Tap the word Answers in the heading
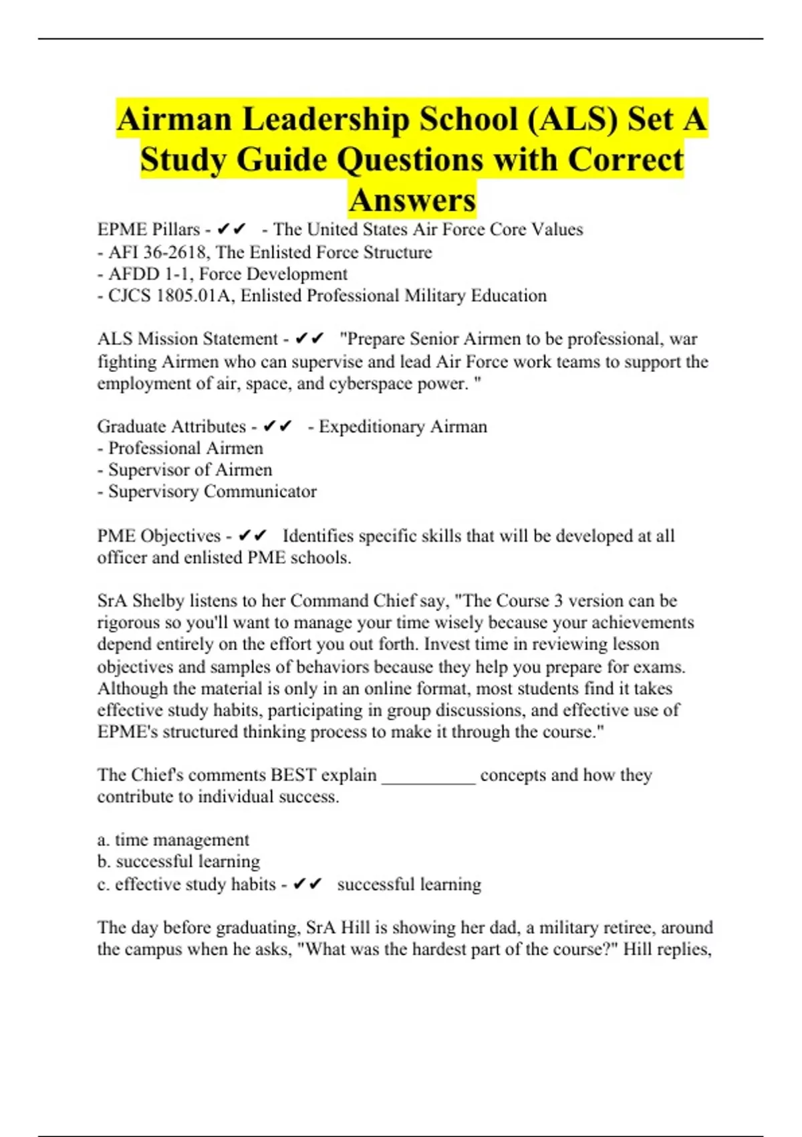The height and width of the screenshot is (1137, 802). pos(412,200)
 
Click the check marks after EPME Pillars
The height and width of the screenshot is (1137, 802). pos(232,230)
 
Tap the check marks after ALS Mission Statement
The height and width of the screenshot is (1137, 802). pos(309,340)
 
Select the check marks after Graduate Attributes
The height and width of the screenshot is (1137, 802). pos(277,427)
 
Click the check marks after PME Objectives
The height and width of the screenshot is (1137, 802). pos(253,536)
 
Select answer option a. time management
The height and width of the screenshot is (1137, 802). pos(173,840)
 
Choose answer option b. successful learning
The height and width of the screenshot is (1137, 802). pos(178,861)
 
